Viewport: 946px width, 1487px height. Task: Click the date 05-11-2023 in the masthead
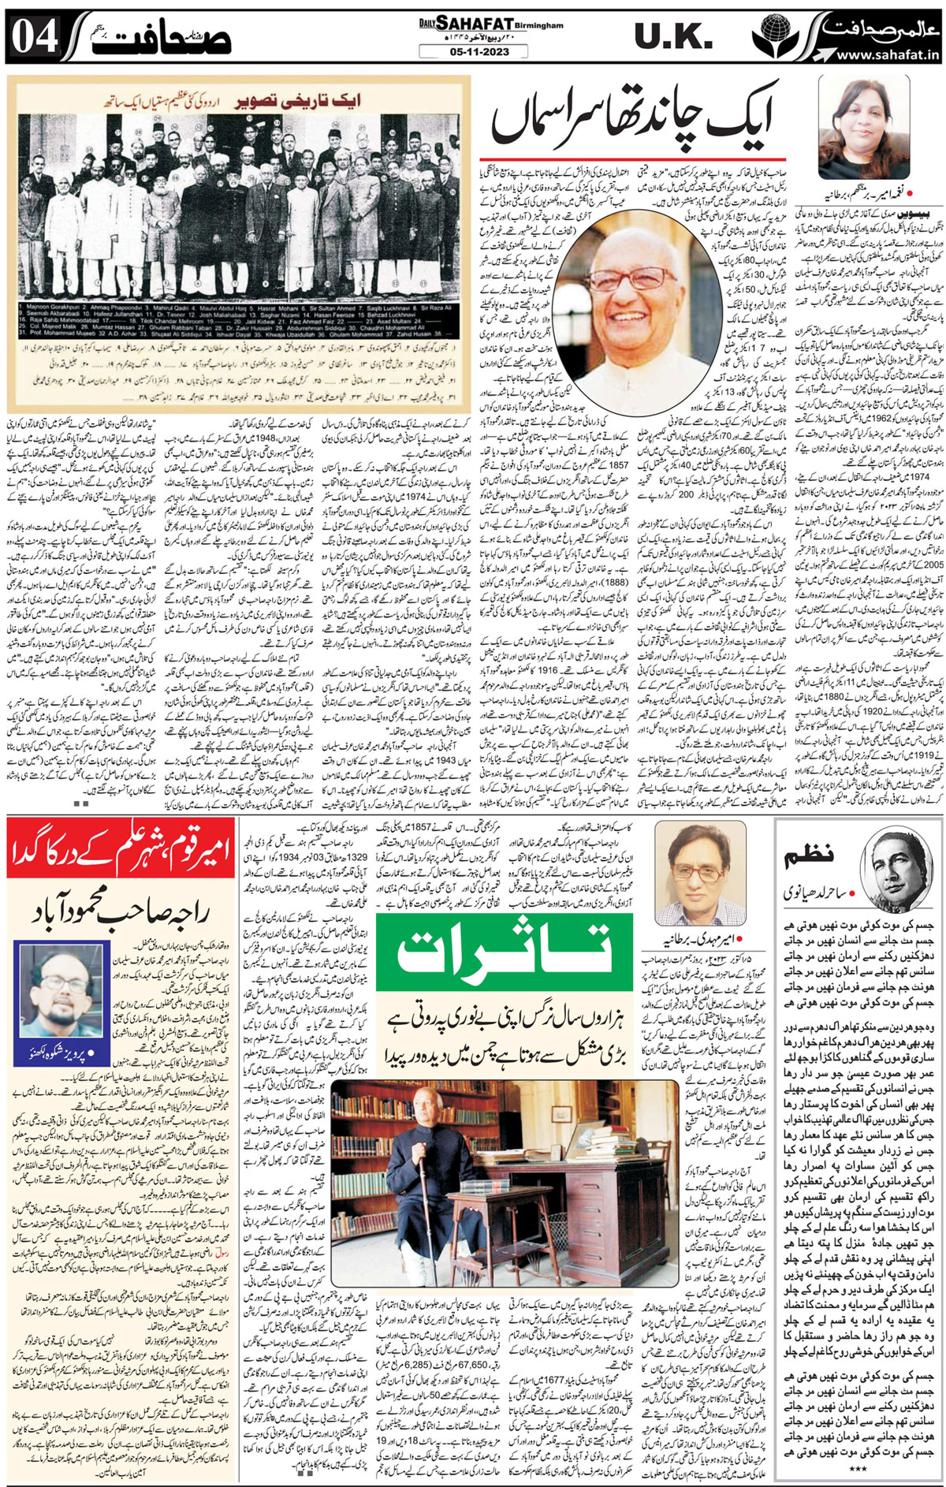coord(464,52)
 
